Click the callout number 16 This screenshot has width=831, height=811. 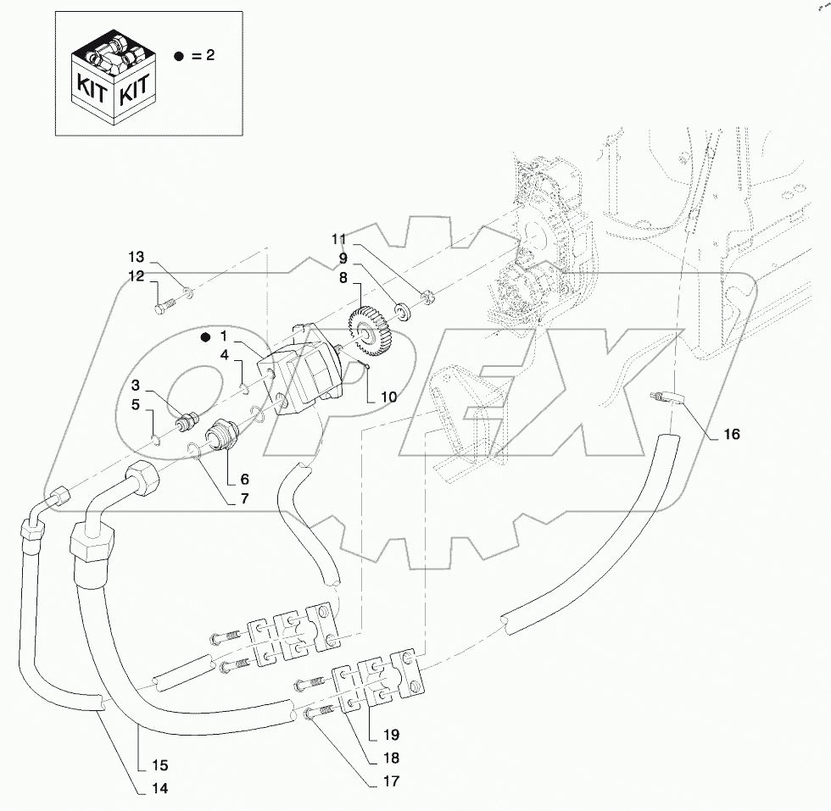coord(731,435)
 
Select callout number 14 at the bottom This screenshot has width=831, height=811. coord(159,788)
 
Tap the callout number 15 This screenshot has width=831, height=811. coord(159,766)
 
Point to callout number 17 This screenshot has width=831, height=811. coord(391,780)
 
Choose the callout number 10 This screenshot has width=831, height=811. coord(388,396)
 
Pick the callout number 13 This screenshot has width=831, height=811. coord(137,257)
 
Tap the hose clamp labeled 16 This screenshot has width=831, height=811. coord(667,397)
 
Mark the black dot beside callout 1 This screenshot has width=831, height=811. coord(204,337)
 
